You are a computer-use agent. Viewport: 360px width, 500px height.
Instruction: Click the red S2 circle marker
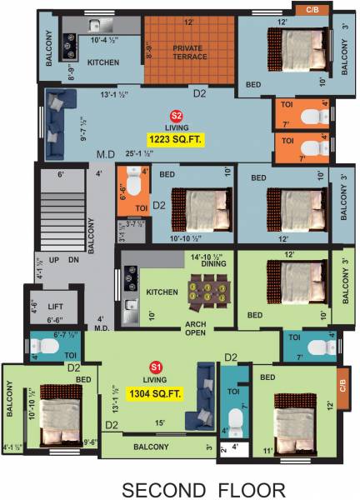(x=175, y=116)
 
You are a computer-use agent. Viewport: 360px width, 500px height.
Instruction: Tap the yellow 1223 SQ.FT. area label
(x=175, y=138)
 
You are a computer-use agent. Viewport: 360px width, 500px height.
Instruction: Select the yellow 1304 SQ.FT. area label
(x=156, y=387)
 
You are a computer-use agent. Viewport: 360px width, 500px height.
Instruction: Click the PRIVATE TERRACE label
(x=190, y=53)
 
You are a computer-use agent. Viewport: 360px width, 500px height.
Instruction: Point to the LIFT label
(x=55, y=307)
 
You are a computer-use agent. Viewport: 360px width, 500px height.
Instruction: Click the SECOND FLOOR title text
(x=203, y=488)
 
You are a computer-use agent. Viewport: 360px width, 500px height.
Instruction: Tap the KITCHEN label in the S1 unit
(x=162, y=293)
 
